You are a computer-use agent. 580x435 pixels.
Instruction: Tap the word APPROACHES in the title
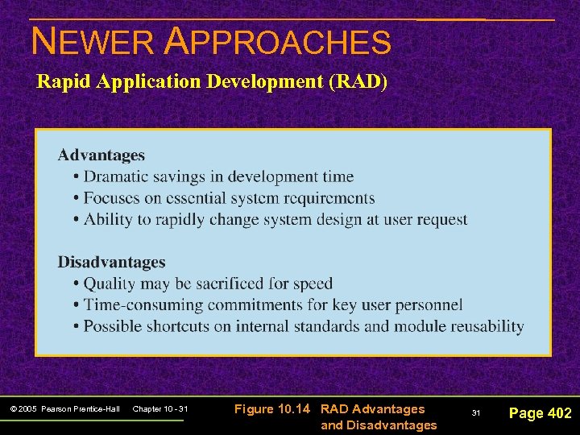[x=277, y=41]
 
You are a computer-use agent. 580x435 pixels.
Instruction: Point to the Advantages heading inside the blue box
[x=101, y=155]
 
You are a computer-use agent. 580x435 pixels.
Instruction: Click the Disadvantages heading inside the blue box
[x=111, y=263]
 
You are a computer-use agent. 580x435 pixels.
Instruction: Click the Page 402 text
[x=540, y=413]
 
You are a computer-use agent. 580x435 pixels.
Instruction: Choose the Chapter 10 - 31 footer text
[x=159, y=410]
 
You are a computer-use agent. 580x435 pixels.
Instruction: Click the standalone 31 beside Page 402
[x=475, y=413]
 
